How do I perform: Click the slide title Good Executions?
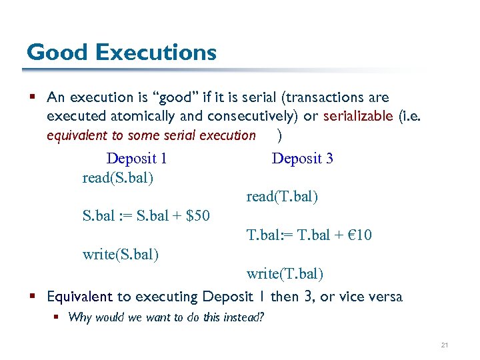pos(121,52)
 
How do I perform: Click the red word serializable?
pos(358,116)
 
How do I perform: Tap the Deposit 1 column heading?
pos(137,159)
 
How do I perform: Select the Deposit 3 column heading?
pos(303,159)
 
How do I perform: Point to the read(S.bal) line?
pos(118,178)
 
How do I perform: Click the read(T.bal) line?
pos(282,197)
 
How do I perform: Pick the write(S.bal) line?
pos(121,254)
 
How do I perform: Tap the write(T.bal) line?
pos(285,273)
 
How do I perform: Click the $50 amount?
pos(198,216)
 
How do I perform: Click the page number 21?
pos(444,345)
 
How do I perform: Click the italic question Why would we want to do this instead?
pos(166,317)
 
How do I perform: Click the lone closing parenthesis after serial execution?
pos(279,135)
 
